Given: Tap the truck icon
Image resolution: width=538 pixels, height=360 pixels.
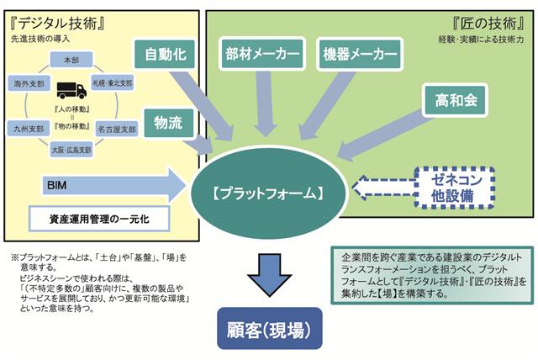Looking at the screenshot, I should coord(71,90).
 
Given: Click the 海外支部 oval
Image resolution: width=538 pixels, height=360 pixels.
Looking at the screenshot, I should coord(27,85).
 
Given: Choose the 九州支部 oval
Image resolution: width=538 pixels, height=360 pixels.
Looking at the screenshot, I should coord(27,130).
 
